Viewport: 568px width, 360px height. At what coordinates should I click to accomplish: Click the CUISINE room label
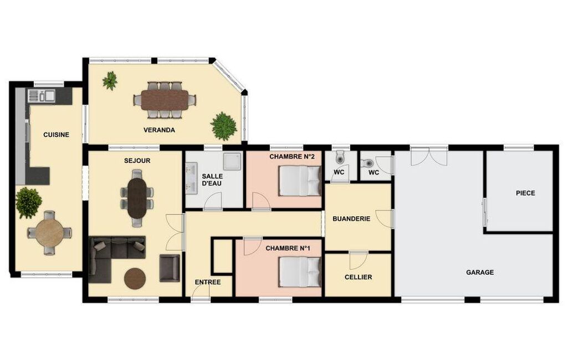tap(56, 135)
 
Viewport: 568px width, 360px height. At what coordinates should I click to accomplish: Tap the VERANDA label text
tap(159, 130)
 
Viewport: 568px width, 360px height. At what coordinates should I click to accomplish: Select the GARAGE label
tap(480, 272)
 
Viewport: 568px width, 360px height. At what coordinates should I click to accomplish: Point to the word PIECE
tap(525, 193)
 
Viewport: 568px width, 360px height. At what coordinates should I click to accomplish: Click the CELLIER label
tap(359, 277)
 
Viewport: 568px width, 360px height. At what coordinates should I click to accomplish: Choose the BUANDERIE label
tap(351, 219)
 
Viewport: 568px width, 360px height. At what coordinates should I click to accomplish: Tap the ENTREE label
tap(208, 282)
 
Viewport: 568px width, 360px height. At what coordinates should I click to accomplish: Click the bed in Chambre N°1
tap(300, 271)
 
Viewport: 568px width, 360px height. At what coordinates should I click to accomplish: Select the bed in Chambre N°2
tap(300, 181)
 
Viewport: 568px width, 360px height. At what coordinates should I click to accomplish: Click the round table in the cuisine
tap(50, 233)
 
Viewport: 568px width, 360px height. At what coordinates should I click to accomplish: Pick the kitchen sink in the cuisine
tap(42, 95)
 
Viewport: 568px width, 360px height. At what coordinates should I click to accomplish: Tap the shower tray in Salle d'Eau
tap(232, 161)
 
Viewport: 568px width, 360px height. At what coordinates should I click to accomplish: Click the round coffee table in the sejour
tap(135, 279)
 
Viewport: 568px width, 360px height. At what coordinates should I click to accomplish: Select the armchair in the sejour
tap(170, 268)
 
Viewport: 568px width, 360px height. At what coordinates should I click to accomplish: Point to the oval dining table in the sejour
tap(137, 198)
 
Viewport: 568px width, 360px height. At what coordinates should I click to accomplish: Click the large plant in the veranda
tap(224, 126)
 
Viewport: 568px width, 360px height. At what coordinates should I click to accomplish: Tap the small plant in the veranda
tap(110, 80)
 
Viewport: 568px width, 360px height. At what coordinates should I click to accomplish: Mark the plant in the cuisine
tap(29, 203)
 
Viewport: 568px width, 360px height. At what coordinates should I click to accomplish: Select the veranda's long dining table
tap(165, 100)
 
